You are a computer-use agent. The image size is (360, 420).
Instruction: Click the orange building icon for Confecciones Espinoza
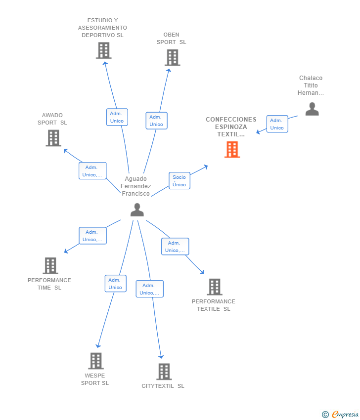click(232, 149)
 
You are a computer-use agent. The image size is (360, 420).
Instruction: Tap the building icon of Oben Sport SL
click(172, 58)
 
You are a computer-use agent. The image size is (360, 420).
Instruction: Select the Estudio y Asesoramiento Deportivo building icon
click(103, 50)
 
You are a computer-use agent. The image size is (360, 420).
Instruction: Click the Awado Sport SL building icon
click(53, 138)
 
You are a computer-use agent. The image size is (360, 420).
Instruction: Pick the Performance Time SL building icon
click(50, 265)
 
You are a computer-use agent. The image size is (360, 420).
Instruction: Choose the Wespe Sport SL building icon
click(96, 361)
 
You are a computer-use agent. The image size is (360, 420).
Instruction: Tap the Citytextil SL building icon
click(164, 371)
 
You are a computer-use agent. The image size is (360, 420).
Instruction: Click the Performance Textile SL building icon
click(214, 287)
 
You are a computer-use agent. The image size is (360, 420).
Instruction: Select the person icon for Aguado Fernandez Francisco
click(137, 210)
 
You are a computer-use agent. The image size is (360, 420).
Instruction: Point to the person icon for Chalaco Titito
click(312, 109)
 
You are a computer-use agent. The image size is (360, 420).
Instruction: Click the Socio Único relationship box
click(179, 181)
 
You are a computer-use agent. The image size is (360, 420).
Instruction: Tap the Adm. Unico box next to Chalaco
click(277, 124)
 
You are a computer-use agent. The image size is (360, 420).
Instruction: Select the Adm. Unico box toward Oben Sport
click(156, 121)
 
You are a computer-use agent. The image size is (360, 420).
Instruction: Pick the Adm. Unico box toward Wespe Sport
click(115, 284)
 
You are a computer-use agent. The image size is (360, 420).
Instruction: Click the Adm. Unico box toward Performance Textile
click(175, 247)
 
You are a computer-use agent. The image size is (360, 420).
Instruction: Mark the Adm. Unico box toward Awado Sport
click(92, 171)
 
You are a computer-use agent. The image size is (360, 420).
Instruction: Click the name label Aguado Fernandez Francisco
click(136, 186)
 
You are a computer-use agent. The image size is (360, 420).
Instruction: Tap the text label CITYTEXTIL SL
click(163, 386)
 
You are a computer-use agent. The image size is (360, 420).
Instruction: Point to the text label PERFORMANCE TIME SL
click(49, 284)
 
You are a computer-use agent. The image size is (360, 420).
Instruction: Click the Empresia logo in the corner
click(341, 414)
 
